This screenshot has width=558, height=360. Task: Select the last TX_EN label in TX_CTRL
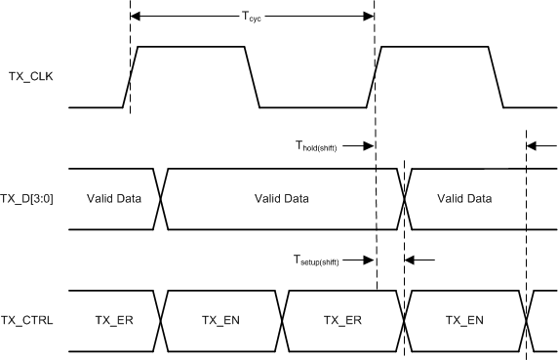tap(464, 319)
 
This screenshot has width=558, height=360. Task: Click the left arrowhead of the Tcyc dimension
tap(136, 17)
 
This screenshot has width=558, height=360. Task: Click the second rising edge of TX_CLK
tap(375, 77)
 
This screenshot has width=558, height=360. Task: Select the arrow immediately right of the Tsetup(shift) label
tap(368, 260)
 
